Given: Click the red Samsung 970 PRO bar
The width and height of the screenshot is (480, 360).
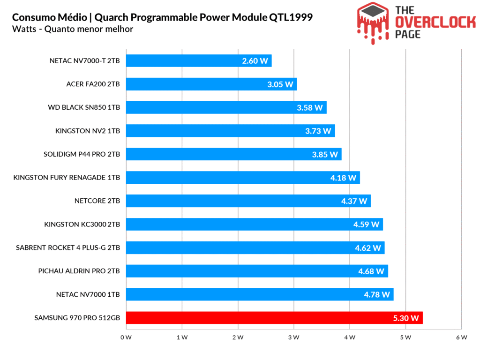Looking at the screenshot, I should (x=274, y=318).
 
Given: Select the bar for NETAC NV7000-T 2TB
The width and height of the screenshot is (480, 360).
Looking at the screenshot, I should (x=199, y=60).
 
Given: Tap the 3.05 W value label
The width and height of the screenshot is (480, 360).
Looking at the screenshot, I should (x=280, y=84).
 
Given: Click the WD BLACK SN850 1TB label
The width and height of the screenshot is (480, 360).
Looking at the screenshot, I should (x=84, y=107).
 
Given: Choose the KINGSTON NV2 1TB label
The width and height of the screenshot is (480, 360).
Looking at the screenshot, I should (x=88, y=131).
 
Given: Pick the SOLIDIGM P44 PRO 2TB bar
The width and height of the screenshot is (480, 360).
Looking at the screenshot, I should (x=233, y=154).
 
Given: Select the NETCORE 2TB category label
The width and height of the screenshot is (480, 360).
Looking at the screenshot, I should (x=97, y=201).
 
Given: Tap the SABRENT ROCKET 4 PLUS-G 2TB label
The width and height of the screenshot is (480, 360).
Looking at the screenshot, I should (x=68, y=248).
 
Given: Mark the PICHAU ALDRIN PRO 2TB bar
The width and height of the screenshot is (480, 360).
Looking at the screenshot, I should (x=257, y=271).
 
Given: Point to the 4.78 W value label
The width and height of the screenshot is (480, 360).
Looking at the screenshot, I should (x=377, y=295).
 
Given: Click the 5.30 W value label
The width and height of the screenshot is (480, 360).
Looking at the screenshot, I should (x=406, y=318).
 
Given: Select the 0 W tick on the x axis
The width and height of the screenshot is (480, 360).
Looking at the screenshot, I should (x=126, y=337).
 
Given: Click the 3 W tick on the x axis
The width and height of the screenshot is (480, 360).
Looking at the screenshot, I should (x=293, y=337).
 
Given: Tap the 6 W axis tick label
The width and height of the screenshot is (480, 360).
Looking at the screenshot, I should (x=461, y=337).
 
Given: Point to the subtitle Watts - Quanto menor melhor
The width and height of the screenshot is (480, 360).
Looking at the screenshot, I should (x=73, y=29).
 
